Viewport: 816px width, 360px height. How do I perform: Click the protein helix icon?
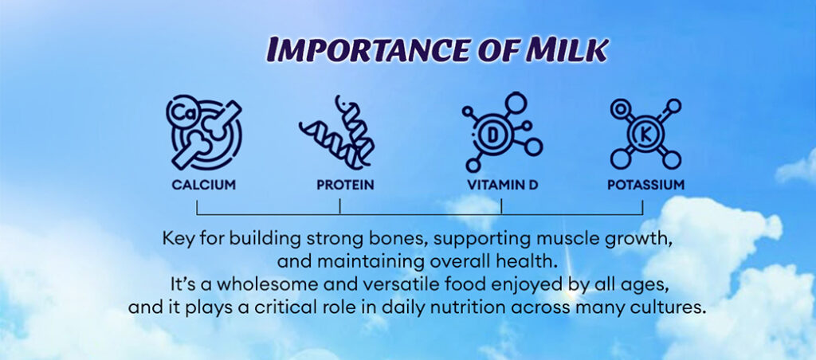pos(336,131)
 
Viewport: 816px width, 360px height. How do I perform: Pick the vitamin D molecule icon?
pos(502,132)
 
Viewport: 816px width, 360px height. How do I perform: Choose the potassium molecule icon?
pos(645,134)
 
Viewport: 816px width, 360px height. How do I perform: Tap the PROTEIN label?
pos(345,185)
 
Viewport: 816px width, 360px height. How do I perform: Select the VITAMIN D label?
pos(502,185)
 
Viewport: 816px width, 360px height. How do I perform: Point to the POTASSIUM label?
pos(645,185)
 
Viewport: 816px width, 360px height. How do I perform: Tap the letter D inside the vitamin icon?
pos(492,135)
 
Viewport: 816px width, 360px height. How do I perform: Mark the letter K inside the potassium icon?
pos(645,135)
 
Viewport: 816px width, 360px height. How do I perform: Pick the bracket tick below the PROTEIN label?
pos(339,207)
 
